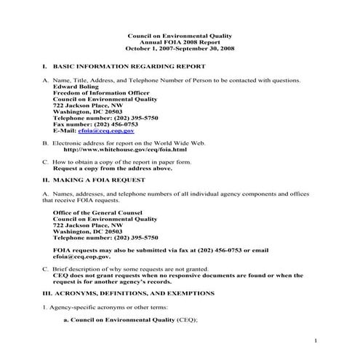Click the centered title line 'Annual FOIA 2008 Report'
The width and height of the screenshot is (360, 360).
[x=179, y=41]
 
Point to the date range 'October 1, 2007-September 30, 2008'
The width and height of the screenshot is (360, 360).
[x=179, y=48]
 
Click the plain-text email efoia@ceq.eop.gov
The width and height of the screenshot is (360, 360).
[x=81, y=257]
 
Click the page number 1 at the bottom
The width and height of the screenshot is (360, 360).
[x=316, y=340]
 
